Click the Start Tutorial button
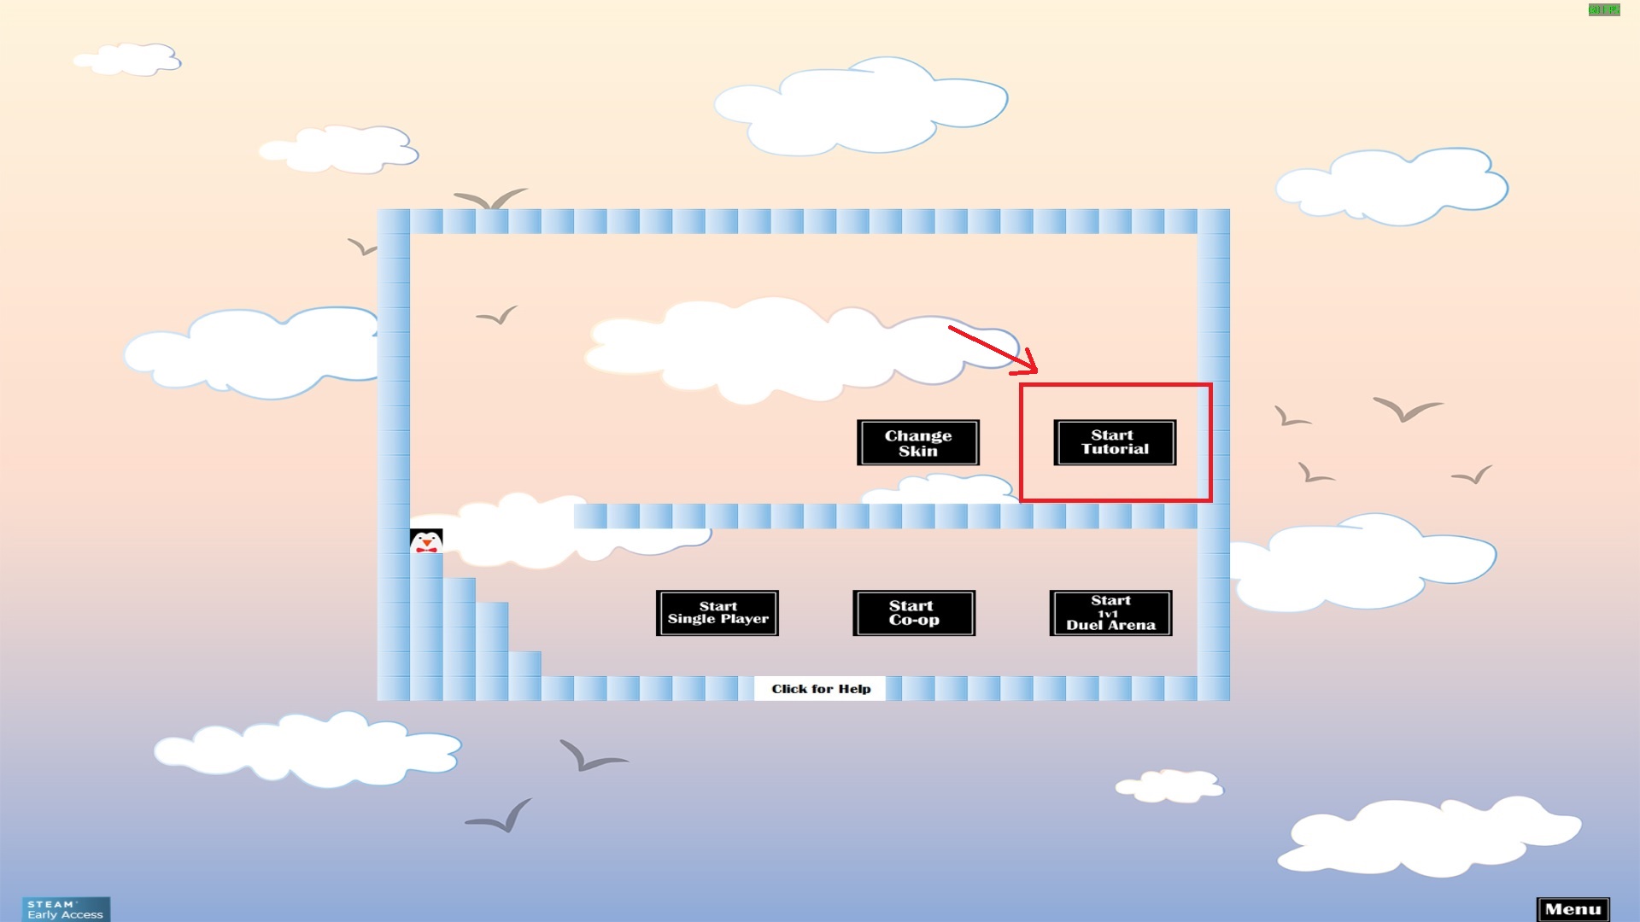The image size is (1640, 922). pyautogui.click(x=1115, y=442)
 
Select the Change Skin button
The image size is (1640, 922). pyautogui.click(x=918, y=442)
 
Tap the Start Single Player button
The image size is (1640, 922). pyautogui.click(x=717, y=613)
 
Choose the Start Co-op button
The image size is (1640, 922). pyautogui.click(x=914, y=613)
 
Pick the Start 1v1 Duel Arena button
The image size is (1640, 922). pyautogui.click(x=1110, y=613)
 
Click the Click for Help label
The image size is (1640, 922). pyautogui.click(x=821, y=689)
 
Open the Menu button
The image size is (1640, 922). pyautogui.click(x=1573, y=909)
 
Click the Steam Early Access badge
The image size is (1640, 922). pyautogui.click(x=66, y=909)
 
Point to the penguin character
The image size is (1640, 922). pyautogui.click(x=426, y=540)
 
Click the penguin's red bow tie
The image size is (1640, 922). pyautogui.click(x=426, y=549)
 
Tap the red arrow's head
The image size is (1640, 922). pyautogui.click(x=1030, y=365)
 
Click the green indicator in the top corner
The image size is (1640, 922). pyautogui.click(x=1603, y=10)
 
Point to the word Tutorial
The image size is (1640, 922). pyautogui.click(x=1115, y=450)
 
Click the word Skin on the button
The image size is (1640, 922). pyautogui.click(x=918, y=452)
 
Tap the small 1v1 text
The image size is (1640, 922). pyautogui.click(x=1108, y=614)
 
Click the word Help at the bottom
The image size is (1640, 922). pyautogui.click(x=854, y=689)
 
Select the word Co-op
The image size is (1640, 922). pyautogui.click(x=914, y=621)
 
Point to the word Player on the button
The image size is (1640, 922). pyautogui.click(x=744, y=619)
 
